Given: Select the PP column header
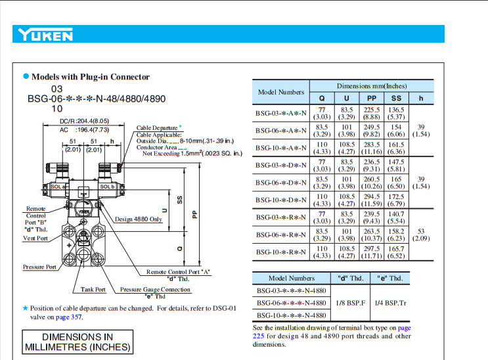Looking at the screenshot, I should [372, 99].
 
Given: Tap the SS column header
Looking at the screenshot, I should [397, 99].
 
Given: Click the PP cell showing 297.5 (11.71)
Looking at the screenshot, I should [372, 252].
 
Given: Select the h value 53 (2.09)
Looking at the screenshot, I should [421, 235].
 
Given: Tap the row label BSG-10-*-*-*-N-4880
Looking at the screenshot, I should [291, 315].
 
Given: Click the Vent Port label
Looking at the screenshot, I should [35, 238].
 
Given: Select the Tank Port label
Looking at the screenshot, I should [93, 289].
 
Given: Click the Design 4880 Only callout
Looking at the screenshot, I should [139, 219].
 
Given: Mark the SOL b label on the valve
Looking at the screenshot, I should [107, 187].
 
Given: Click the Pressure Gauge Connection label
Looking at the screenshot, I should [155, 289].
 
